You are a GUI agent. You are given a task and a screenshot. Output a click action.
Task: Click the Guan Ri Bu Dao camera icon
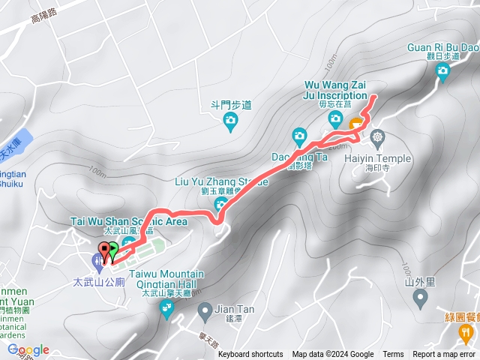442,71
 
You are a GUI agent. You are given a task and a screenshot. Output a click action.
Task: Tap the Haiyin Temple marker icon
376,137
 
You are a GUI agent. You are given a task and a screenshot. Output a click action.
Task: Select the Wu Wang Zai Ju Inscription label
337,90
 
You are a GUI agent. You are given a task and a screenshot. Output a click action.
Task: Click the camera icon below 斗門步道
230,120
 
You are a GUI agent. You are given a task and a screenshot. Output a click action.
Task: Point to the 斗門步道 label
230,106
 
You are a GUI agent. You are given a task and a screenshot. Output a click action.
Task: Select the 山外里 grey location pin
420,298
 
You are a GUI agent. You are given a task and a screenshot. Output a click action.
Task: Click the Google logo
28,349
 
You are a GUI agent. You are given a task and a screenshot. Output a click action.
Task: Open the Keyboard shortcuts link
250,355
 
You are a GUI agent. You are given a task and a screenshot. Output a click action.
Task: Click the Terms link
393,355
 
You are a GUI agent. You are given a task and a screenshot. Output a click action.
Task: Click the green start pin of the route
112,252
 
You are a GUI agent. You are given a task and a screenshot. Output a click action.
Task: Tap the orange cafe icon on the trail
355,123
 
